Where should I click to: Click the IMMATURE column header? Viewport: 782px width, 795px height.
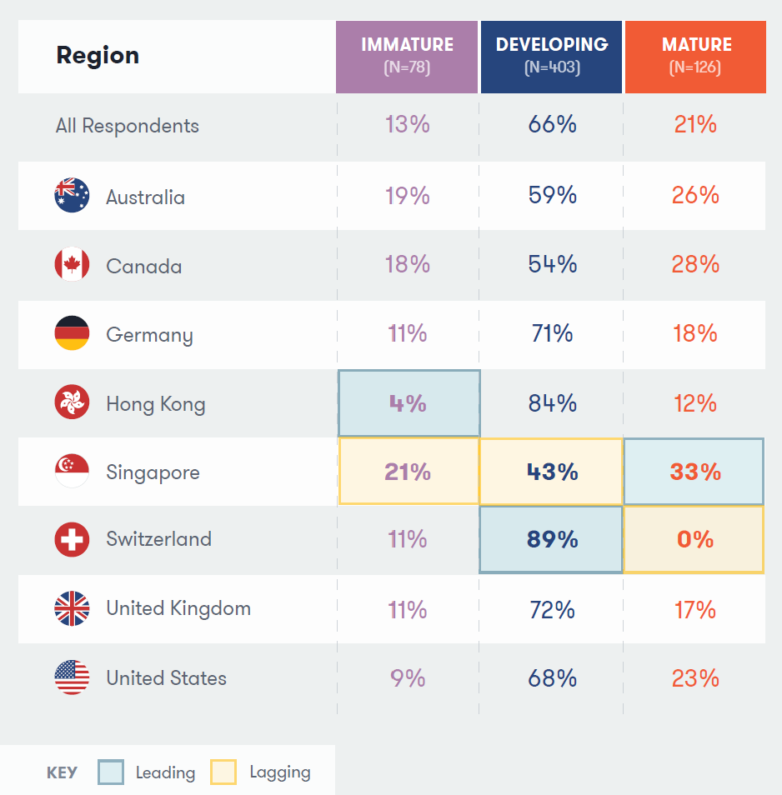point(407,55)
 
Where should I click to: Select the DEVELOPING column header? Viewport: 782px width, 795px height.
point(552,55)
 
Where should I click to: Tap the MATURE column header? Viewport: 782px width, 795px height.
point(695,55)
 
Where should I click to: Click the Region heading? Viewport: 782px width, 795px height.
point(98,56)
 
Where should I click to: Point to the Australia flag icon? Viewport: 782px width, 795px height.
point(72,196)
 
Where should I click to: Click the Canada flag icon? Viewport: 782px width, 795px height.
point(72,266)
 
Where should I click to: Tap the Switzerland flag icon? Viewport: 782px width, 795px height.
point(72,539)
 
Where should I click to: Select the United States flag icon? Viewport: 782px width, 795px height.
point(72,677)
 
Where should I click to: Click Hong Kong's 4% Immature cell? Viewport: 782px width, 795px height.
point(409,403)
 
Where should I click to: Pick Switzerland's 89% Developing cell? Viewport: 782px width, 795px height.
point(552,539)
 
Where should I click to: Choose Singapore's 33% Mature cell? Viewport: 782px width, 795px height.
point(694,472)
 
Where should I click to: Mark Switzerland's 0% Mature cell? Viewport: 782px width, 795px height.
point(694,539)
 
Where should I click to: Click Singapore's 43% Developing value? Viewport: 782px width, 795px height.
point(552,472)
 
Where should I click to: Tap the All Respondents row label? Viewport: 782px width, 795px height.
point(128,126)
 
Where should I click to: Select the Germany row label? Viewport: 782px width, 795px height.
point(149,335)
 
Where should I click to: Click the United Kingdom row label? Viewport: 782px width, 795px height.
point(178,608)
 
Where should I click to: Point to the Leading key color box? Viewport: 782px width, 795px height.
point(111,772)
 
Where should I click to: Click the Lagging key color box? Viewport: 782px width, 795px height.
point(223,772)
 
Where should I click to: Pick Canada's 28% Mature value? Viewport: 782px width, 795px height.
point(695,265)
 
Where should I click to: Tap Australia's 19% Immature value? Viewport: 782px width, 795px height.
point(408,196)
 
